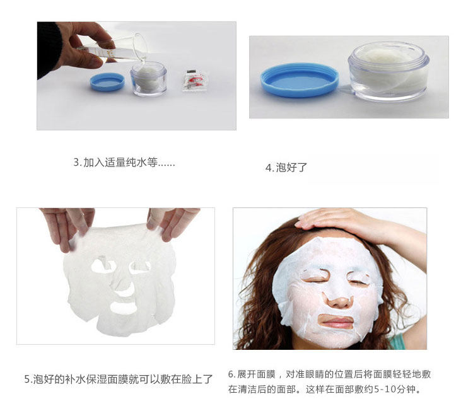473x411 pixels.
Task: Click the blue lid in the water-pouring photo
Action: pyautogui.click(x=107, y=82)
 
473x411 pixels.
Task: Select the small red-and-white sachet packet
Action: pyautogui.click(x=195, y=81)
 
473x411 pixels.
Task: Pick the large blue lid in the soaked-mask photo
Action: pyautogui.click(x=300, y=80)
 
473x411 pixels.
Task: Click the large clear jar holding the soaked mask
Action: pyautogui.click(x=388, y=71)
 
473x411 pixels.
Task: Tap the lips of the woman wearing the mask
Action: pyautogui.click(x=337, y=321)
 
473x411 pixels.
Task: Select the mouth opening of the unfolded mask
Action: pyautogui.click(x=124, y=307)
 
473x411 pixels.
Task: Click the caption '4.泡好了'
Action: pyautogui.click(x=286, y=167)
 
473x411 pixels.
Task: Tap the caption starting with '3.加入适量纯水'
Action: pyautogui.click(x=124, y=163)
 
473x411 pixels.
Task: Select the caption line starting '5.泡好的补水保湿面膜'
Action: pyautogui.click(x=119, y=379)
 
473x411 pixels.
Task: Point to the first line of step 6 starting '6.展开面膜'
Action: pyautogui.click(x=329, y=374)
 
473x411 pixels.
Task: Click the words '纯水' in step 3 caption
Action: pyautogui.click(x=136, y=163)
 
